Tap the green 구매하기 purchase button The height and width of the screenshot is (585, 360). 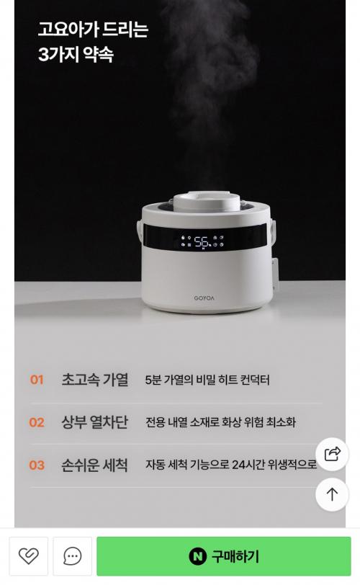pyautogui.click(x=224, y=556)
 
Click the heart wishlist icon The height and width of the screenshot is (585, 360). pyautogui.click(x=28, y=556)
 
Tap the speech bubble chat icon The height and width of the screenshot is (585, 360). pyautogui.click(x=72, y=556)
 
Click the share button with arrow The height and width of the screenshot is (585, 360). pyautogui.click(x=332, y=454)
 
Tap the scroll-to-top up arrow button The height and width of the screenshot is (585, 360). pyautogui.click(x=332, y=494)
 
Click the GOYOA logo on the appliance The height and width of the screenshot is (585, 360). pyautogui.click(x=204, y=298)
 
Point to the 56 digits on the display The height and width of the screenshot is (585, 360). pyautogui.click(x=202, y=242)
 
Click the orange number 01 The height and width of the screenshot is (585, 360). pyautogui.click(x=37, y=380)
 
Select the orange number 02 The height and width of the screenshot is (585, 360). pyautogui.click(x=37, y=422)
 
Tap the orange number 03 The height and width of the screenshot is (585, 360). pyautogui.click(x=37, y=465)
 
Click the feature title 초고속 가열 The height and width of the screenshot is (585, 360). pyautogui.click(x=95, y=380)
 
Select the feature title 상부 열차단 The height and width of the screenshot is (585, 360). pyautogui.click(x=94, y=422)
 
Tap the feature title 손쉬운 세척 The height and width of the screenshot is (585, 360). pyautogui.click(x=94, y=465)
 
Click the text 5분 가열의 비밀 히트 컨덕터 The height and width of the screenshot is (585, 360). pyautogui.click(x=207, y=380)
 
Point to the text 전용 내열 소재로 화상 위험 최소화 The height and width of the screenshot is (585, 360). pyautogui.click(x=220, y=422)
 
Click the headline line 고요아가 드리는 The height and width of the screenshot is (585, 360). pyautogui.click(x=93, y=30)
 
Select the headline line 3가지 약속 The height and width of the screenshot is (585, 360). pyautogui.click(x=76, y=55)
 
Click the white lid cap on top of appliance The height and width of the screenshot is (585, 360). pyautogui.click(x=207, y=201)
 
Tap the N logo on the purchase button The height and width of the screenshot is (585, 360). pyautogui.click(x=197, y=556)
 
